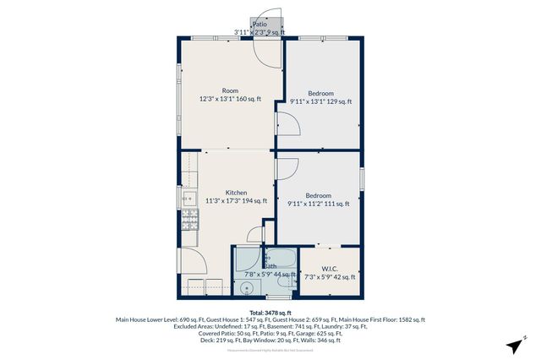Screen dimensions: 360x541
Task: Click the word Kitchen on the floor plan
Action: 236,193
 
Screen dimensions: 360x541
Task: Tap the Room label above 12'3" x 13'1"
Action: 230,90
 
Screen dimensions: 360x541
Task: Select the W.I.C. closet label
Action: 330,269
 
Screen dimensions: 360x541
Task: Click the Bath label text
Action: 270,265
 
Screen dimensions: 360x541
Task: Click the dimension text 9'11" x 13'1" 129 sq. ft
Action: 320,101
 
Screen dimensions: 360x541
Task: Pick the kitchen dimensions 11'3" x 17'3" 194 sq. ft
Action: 236,201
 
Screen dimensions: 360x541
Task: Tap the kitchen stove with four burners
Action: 189,222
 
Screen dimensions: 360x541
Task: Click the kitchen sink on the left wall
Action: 188,200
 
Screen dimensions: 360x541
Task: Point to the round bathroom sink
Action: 247,287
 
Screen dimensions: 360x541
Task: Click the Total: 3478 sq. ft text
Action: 270,312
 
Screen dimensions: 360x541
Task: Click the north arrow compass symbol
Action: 514,346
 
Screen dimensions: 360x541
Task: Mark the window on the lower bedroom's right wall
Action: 362,180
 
